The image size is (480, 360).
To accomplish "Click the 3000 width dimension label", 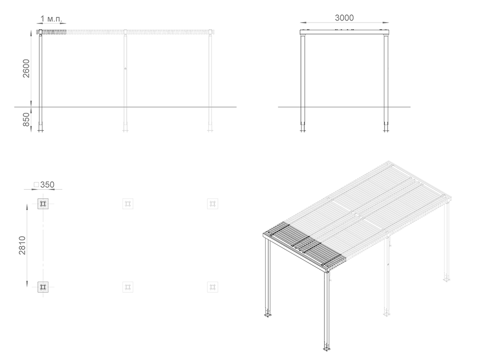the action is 344,18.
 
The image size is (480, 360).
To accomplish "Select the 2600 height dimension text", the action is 26,68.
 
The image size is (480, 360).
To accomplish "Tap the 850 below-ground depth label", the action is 26,120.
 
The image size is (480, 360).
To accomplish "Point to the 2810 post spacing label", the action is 23,245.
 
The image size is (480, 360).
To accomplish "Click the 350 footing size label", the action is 47,185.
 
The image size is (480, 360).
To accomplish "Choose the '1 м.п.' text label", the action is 51,19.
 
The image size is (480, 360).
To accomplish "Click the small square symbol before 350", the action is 36,185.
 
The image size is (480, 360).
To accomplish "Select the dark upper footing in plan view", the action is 43,204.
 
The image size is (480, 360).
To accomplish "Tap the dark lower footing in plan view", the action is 43,287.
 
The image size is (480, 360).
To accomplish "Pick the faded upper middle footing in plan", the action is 128,204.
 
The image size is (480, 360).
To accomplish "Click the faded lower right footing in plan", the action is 213,287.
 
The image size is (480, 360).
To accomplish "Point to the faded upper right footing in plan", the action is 213,204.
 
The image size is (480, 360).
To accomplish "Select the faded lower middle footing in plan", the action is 128,287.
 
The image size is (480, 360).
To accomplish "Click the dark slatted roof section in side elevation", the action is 51,32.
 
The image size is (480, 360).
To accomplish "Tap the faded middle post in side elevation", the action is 125,81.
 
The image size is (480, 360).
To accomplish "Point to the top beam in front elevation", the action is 344,32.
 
